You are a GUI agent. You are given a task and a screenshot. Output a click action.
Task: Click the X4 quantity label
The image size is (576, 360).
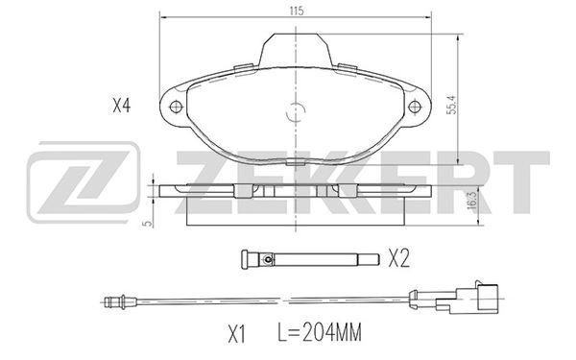[x=120, y=107]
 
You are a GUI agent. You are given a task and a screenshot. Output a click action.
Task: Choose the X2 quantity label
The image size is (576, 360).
[x=401, y=258]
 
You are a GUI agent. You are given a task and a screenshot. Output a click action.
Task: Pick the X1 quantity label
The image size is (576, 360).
[x=237, y=334]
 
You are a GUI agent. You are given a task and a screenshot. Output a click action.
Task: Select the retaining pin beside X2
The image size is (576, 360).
[x=307, y=258]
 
